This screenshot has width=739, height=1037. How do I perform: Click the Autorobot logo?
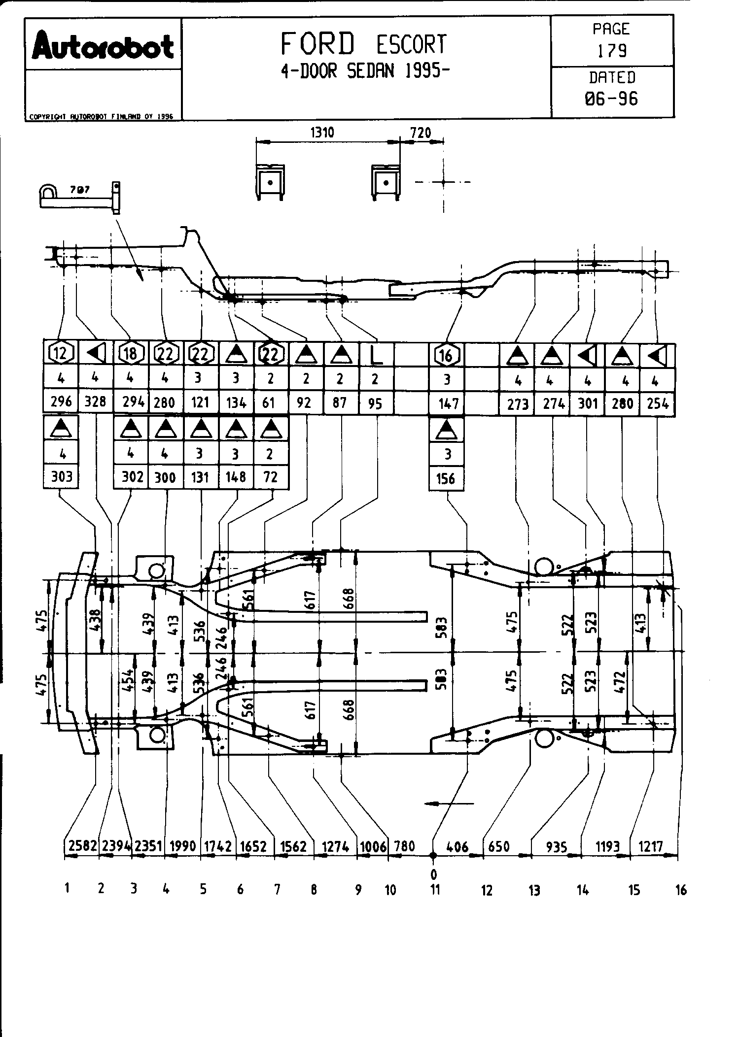point(103,45)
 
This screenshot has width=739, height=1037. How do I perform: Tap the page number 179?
point(612,51)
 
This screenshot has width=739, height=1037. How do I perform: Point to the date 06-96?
point(611,99)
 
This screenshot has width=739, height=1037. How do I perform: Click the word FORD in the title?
point(318,43)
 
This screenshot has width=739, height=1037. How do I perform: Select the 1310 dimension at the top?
point(321,133)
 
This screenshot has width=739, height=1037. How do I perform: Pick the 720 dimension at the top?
point(421,133)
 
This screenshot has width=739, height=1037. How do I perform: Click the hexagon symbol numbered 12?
point(61,354)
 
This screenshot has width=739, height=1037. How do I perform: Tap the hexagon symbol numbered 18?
point(131,354)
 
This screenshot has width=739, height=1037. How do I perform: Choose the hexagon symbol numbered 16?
point(447,355)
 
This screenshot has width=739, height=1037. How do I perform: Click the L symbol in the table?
point(376,355)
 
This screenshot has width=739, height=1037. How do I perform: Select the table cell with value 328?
point(96,401)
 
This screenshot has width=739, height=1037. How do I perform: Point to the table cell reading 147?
point(448,403)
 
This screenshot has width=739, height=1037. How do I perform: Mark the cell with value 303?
point(62,476)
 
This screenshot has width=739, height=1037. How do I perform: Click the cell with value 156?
point(446,478)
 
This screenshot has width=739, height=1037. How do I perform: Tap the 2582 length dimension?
point(82,846)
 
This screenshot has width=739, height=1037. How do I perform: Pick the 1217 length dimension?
point(650,846)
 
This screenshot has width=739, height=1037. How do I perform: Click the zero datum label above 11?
point(434,874)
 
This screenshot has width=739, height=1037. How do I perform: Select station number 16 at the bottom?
point(681,890)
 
